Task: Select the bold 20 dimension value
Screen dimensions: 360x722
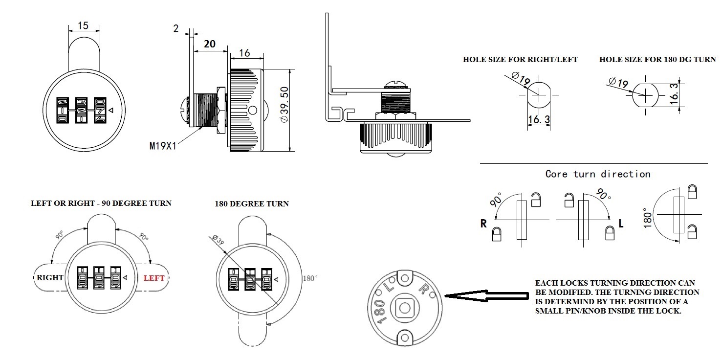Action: click(x=210, y=44)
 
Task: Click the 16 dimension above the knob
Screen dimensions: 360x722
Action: click(x=245, y=53)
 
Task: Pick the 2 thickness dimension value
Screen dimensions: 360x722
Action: click(x=176, y=28)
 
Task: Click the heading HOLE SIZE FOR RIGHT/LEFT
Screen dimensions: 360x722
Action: click(x=520, y=60)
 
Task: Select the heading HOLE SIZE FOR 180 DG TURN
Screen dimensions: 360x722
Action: click(x=657, y=60)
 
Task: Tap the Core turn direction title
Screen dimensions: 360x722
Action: click(x=598, y=174)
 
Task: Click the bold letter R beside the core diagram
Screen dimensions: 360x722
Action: click(x=483, y=224)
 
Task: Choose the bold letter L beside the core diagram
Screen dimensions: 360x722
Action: click(x=621, y=224)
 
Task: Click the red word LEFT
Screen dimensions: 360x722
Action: click(x=154, y=278)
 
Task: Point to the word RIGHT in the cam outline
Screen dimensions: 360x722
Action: click(x=50, y=278)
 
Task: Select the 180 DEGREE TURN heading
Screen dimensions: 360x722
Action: click(x=252, y=203)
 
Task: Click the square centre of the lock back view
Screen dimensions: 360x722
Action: click(x=404, y=308)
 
